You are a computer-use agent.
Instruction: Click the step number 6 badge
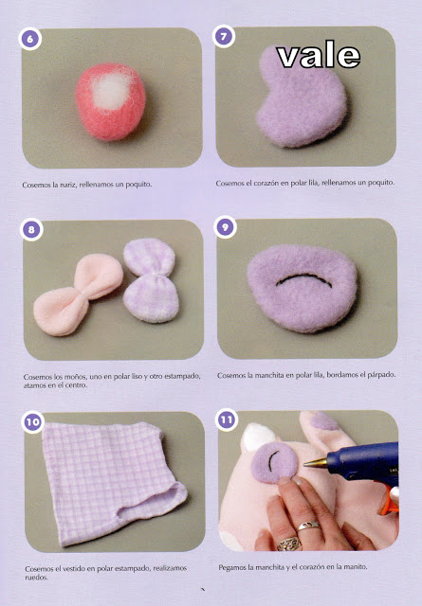(29, 39)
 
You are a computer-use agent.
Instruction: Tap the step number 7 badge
(224, 37)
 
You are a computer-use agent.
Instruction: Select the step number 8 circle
(31, 229)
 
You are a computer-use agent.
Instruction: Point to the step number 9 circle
(225, 227)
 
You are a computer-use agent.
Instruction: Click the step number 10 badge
(32, 421)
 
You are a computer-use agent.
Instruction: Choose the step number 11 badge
(227, 419)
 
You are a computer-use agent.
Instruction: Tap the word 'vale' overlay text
(319, 57)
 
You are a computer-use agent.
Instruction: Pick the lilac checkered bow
(151, 280)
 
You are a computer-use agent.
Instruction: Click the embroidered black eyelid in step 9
(303, 279)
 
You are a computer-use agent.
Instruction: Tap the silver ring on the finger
(308, 526)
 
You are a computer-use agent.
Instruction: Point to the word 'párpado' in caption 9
(381, 375)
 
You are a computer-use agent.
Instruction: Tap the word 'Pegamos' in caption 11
(231, 567)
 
